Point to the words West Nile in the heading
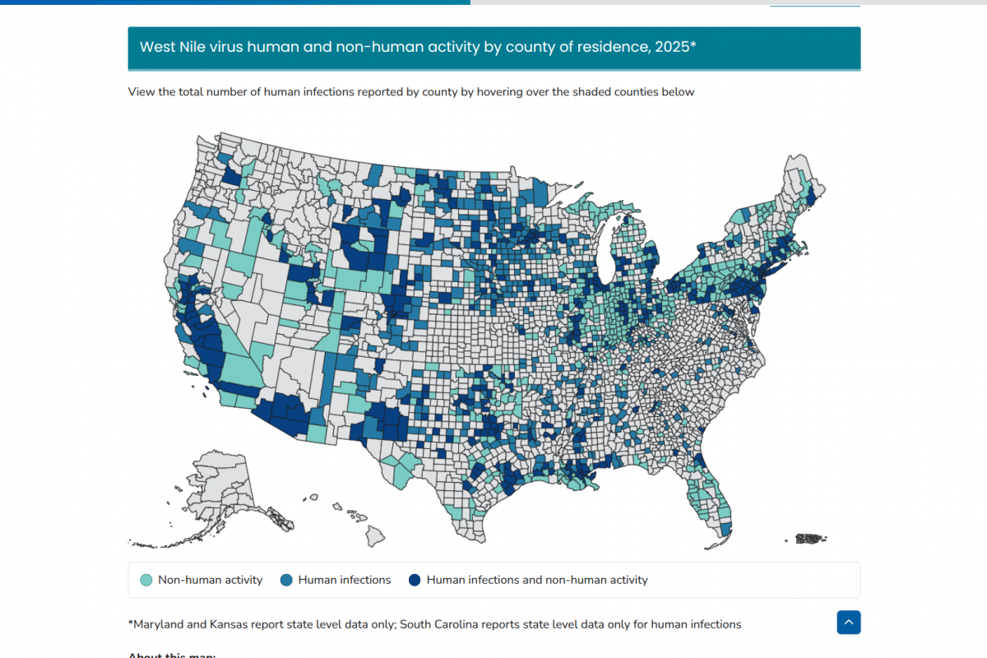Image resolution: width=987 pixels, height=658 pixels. tap(169, 47)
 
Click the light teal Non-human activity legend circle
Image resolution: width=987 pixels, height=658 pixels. tap(146, 580)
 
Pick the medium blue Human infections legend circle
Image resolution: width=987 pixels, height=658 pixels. tap(286, 580)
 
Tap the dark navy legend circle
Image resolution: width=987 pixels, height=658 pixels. tap(415, 580)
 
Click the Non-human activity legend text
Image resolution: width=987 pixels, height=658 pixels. tap(210, 580)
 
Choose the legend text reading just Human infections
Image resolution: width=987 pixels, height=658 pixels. tap(344, 580)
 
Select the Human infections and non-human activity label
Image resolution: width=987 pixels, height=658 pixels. tap(536, 580)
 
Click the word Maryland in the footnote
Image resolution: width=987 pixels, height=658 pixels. tap(158, 624)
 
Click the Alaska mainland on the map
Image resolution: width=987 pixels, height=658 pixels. tap(218, 485)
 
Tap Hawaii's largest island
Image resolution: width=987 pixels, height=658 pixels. tap(375, 536)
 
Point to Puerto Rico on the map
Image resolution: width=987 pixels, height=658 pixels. tap(810, 539)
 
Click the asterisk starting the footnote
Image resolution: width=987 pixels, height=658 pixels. tap(130, 623)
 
